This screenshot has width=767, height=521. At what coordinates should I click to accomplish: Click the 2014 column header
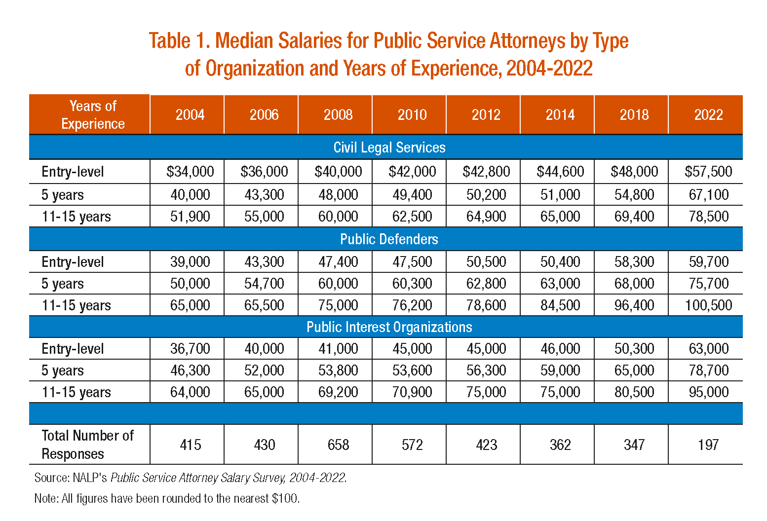pos(560,115)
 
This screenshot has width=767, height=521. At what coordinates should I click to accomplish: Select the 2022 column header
pos(708,115)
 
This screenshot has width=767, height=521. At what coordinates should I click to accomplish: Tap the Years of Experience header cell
pos(93,115)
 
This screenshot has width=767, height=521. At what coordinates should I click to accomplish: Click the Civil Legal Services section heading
pos(389,148)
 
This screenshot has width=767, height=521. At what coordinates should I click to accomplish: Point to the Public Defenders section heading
pos(389,239)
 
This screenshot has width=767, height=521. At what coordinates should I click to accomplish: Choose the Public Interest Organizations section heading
pos(389,327)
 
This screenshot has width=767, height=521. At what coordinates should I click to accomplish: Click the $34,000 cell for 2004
pos(190,172)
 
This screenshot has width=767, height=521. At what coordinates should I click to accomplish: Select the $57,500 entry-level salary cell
pos(708,172)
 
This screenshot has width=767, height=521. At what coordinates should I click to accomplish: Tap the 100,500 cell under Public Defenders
pos(708,305)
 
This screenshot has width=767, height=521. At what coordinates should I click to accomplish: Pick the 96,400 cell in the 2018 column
pos(634,305)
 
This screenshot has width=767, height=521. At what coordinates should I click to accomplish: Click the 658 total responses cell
pos(338,445)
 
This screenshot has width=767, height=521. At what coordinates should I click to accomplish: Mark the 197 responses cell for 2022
pos(708,445)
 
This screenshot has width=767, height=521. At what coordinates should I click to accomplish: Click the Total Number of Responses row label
pos(87,445)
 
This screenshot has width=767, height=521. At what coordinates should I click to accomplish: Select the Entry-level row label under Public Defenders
pos(73,262)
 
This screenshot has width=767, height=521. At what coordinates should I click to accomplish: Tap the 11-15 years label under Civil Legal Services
pos(76,217)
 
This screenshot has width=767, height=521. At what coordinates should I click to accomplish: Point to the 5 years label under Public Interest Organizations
pos(63,371)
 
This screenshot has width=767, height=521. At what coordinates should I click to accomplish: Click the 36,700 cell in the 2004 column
pos(190,349)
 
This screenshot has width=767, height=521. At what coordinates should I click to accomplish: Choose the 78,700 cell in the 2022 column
pos(708,371)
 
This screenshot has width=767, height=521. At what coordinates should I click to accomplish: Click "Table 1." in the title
pos(180,41)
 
